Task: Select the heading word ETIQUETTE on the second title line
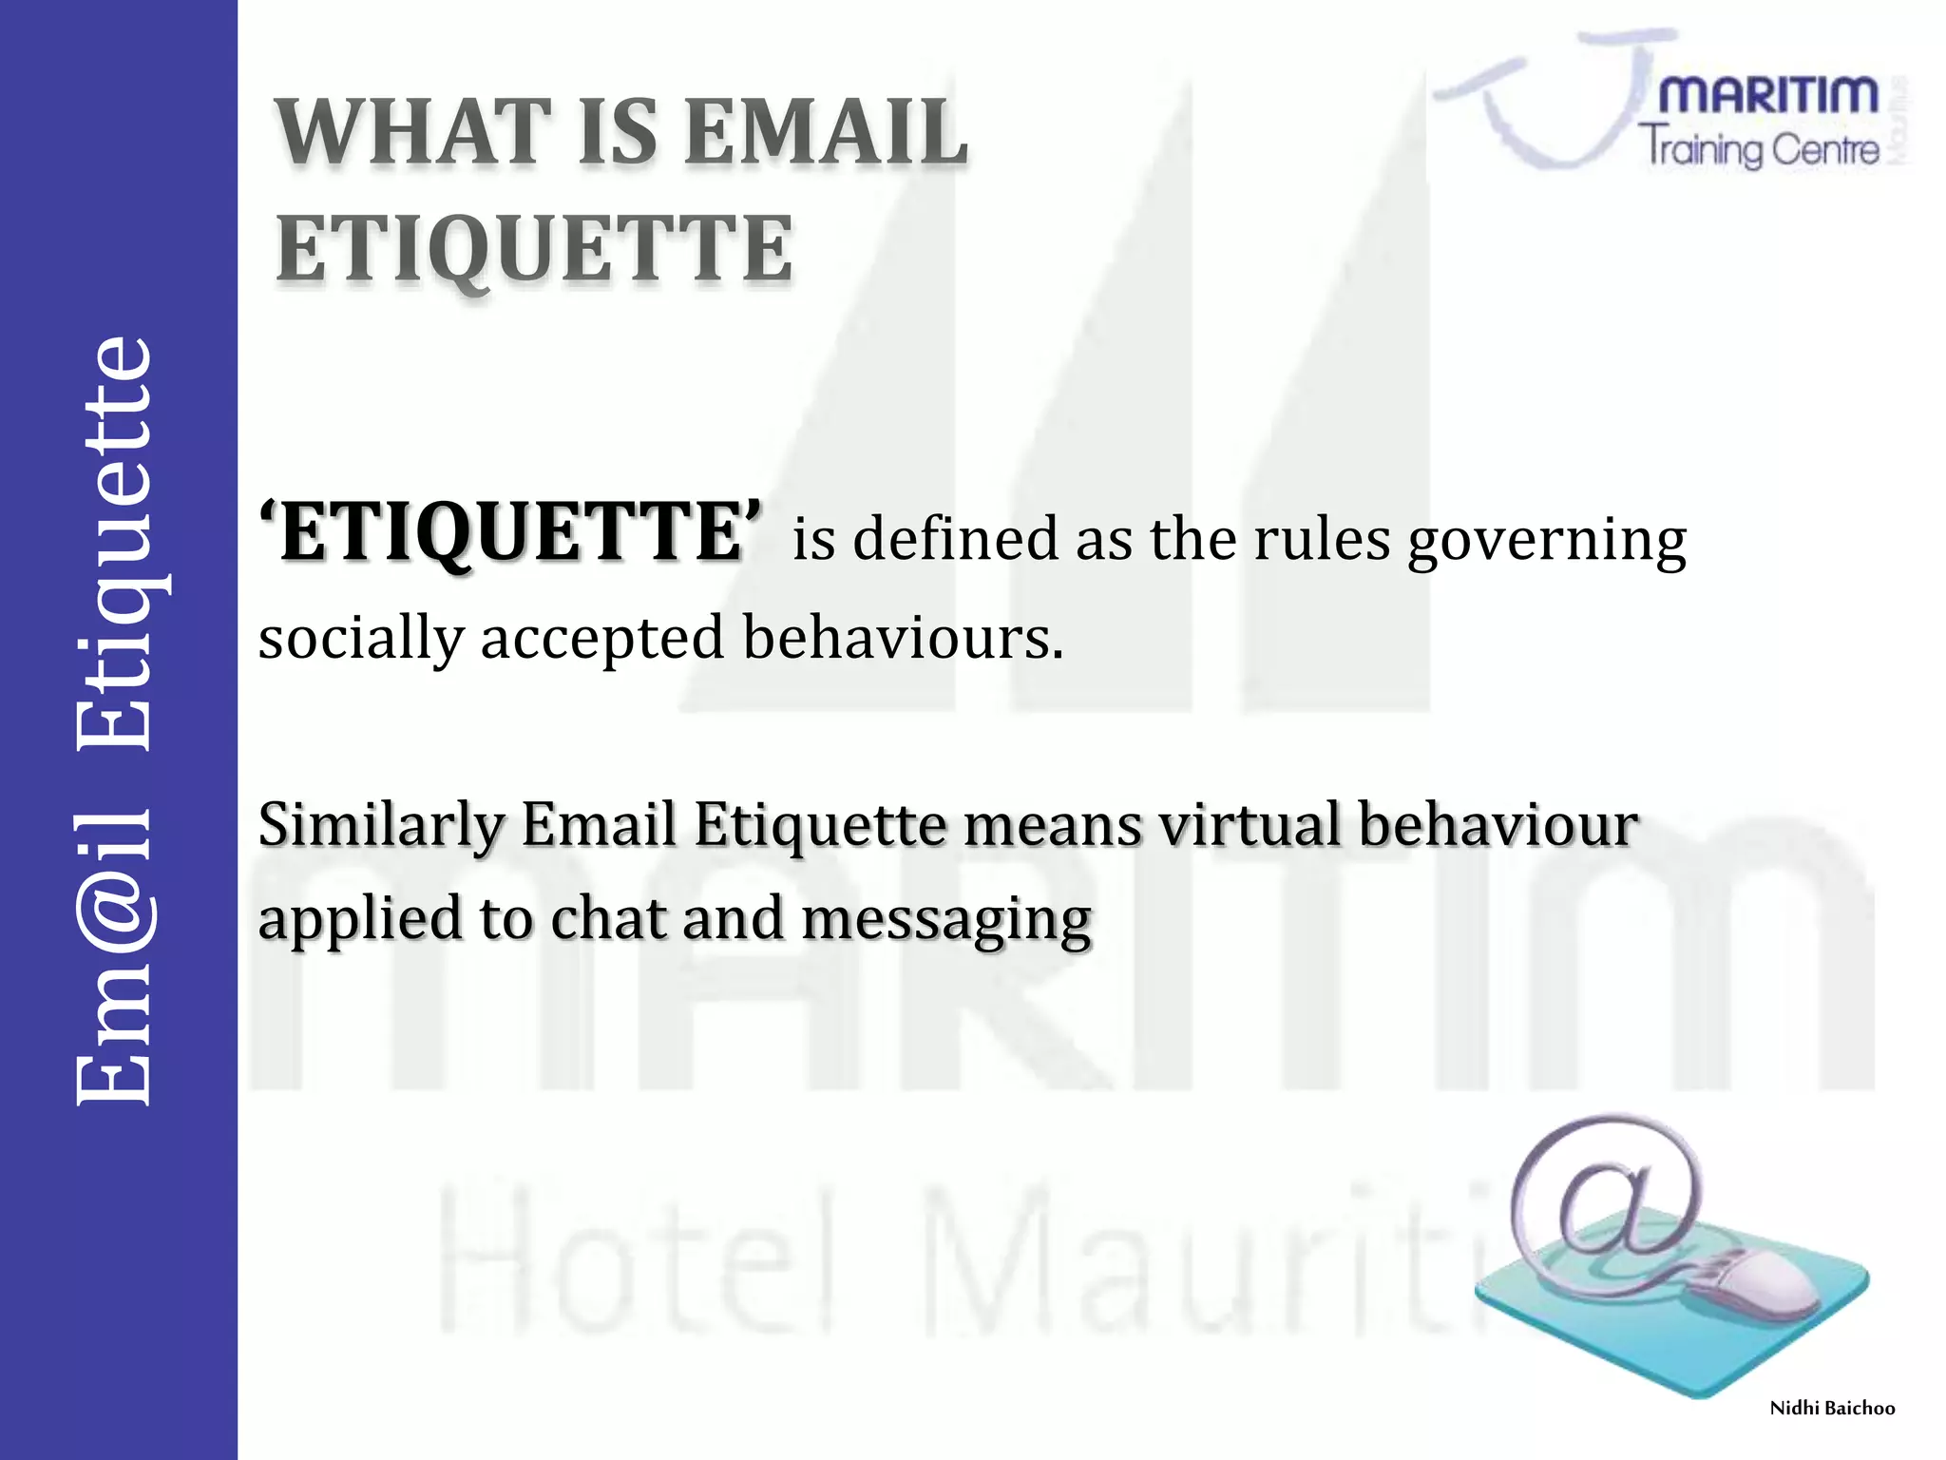click(x=534, y=249)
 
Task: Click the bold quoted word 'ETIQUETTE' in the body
click(x=511, y=534)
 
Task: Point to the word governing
click(x=1546, y=542)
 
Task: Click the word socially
click(x=361, y=639)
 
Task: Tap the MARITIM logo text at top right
click(x=1767, y=96)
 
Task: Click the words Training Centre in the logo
click(x=1758, y=149)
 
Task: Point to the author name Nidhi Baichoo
click(x=1832, y=1409)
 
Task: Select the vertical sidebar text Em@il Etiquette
click(x=114, y=722)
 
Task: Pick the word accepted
click(x=602, y=639)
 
